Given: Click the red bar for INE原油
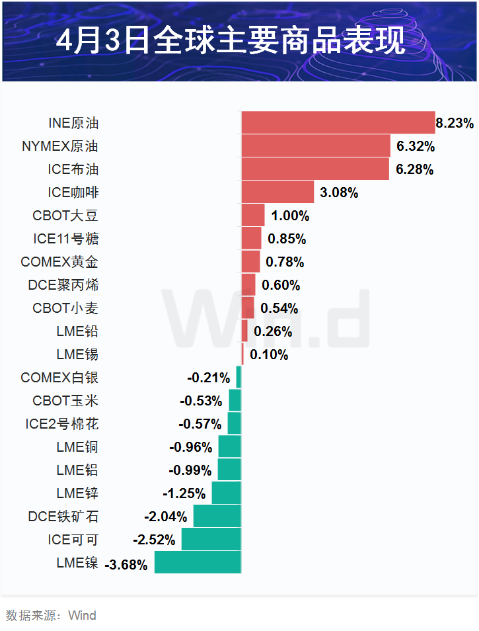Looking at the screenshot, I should pos(338,122).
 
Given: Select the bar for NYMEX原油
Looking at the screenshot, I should pos(316,146).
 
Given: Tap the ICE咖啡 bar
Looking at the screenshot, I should pos(277,192).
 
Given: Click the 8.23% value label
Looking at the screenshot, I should pos(455,123).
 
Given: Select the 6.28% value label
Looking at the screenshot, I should pos(414,169).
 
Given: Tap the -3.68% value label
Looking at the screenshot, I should pos(126,565).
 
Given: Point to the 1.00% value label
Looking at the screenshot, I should pos(289,216).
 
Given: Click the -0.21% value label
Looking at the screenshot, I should pos(209,378).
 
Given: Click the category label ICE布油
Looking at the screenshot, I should pos(73,169).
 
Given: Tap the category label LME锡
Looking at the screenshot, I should pos(77,355).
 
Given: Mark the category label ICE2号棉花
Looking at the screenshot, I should pos(62,424).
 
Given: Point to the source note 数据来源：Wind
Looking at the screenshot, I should pos(51,616).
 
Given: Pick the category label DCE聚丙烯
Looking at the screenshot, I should pos(63,285).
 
